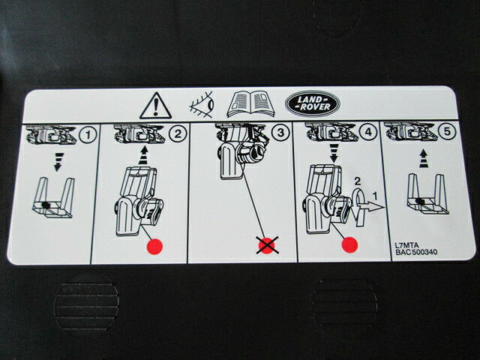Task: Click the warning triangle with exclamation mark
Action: coord(155,106)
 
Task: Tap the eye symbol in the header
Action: coord(202,104)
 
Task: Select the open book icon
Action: coord(250,104)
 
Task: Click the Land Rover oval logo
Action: coord(312,103)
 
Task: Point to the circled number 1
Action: coord(88,135)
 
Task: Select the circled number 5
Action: coord(447,131)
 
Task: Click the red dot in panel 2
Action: coord(155,247)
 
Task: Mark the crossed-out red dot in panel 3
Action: coord(267,245)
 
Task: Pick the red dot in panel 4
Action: coord(349,244)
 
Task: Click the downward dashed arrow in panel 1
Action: coord(57,161)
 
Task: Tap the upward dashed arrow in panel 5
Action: coord(423,158)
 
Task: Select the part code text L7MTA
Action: coord(406,245)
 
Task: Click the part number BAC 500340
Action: coord(416,252)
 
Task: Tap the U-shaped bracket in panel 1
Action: coord(53,198)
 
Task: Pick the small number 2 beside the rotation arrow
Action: coord(357,181)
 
